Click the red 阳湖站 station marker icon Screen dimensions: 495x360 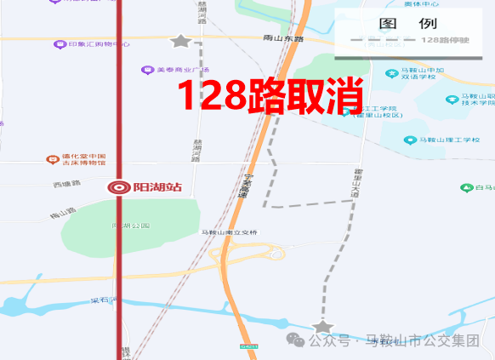coord(119,187)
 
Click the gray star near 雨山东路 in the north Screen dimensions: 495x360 coord(180,41)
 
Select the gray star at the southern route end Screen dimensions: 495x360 coord(321,327)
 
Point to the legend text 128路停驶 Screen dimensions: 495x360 coord(447,40)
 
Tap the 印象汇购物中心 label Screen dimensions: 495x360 coord(99,44)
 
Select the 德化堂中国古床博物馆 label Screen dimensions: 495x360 coord(82,160)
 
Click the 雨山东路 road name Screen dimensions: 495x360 coord(284,38)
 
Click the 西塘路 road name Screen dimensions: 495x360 coord(66,184)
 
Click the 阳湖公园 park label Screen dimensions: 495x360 coord(130,226)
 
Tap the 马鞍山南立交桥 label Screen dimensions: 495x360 coord(229,232)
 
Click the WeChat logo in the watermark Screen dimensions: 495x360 coord(297,340)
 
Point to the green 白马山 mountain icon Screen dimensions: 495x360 coord(466,187)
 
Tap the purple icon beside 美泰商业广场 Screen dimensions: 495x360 coord(146,71)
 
